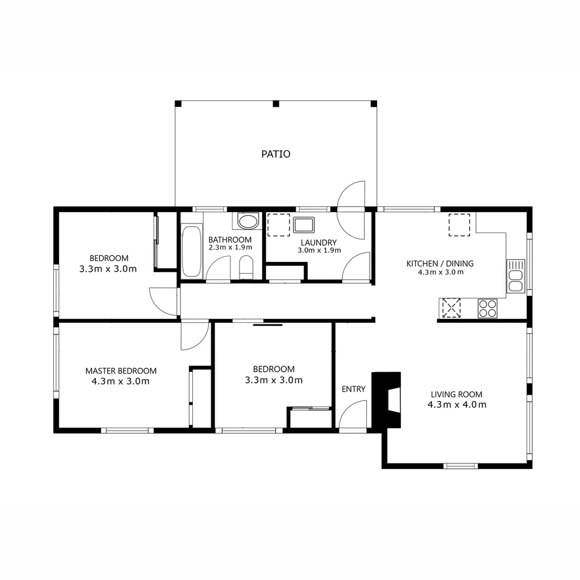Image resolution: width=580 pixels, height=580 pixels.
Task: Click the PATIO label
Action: (275, 154)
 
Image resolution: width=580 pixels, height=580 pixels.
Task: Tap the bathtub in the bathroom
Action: (191, 252)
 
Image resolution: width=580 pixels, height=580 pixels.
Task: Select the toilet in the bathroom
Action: (246, 267)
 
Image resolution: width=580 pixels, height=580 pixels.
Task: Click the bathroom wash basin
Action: (248, 221)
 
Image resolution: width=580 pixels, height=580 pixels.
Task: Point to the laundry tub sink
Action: (303, 224)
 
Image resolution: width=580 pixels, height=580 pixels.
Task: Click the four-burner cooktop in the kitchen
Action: (488, 308)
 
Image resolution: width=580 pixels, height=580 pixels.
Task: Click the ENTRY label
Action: (353, 389)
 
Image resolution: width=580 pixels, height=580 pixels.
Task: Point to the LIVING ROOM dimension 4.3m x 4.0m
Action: (457, 404)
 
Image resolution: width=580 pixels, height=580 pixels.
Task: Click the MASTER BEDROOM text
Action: (121, 371)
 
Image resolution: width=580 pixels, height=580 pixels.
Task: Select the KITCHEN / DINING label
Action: (440, 263)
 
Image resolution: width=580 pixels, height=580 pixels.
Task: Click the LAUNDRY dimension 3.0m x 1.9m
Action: (318, 250)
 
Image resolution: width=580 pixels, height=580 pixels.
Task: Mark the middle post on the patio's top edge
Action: (276, 104)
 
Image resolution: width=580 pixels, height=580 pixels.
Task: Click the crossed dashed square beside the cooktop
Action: (451, 308)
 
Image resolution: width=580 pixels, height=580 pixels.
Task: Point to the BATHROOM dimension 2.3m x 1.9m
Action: (230, 247)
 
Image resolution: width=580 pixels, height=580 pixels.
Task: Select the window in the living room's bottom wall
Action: (460, 466)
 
